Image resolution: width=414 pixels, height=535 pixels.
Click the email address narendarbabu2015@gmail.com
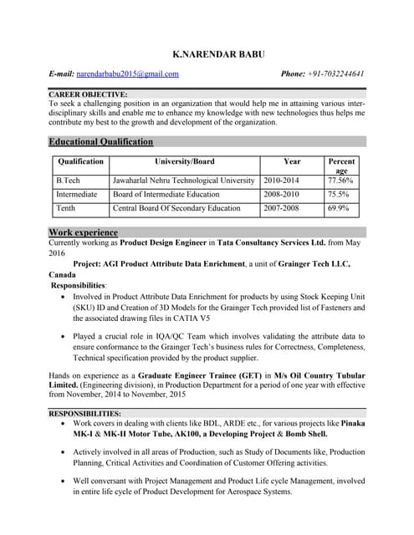[x=127, y=74]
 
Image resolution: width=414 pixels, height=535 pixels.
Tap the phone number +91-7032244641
[x=334, y=74]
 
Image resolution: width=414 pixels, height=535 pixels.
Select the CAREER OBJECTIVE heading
[x=88, y=94]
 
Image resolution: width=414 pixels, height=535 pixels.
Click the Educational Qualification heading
[x=100, y=141]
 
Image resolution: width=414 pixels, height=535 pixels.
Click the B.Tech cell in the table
[x=68, y=181]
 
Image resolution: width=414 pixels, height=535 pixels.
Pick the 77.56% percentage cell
[x=340, y=181]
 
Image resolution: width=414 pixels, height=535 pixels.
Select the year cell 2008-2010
[x=283, y=194]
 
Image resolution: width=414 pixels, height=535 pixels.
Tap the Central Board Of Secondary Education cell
[x=176, y=208]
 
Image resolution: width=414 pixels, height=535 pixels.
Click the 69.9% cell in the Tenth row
[x=338, y=208]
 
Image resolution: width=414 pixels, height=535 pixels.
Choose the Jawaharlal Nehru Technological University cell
[x=183, y=181]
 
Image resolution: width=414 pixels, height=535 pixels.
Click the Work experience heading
[x=83, y=232]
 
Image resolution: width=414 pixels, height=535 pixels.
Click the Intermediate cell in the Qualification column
[x=77, y=194]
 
